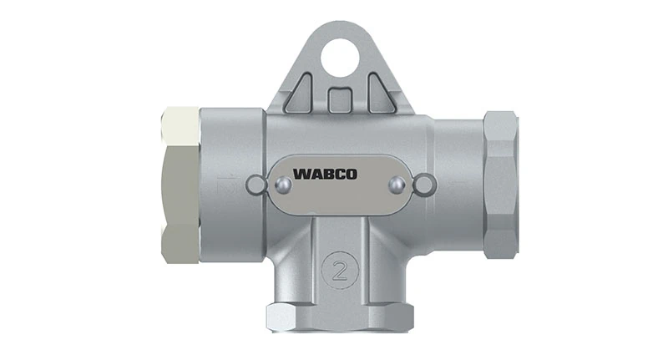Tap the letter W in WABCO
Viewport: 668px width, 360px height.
coord(300,175)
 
